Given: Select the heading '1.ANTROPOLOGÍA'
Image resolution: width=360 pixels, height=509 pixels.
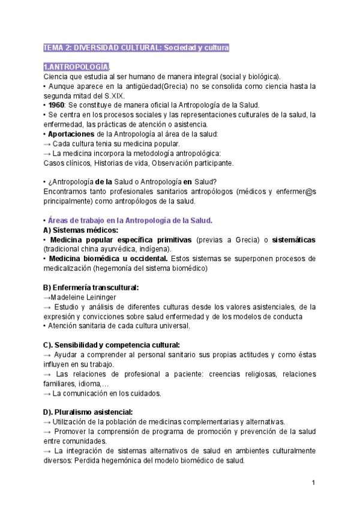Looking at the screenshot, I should coord(76,67).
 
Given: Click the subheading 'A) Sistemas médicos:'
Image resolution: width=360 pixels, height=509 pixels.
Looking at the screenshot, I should coord(80,230).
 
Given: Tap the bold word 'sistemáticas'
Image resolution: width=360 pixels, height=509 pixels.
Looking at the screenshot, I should coord(293,239).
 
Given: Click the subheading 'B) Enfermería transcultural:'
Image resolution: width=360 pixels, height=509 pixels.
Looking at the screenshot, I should coord(91,288).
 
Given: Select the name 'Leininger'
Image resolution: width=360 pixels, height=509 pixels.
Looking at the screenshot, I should coord(99,297).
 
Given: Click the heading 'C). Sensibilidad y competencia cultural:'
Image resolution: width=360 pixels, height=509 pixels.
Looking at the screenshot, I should coord(112,345).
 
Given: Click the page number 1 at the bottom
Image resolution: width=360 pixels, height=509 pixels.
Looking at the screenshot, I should coord(313,483).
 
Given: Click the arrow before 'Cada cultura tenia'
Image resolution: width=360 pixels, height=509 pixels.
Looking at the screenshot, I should coord(47,143).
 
